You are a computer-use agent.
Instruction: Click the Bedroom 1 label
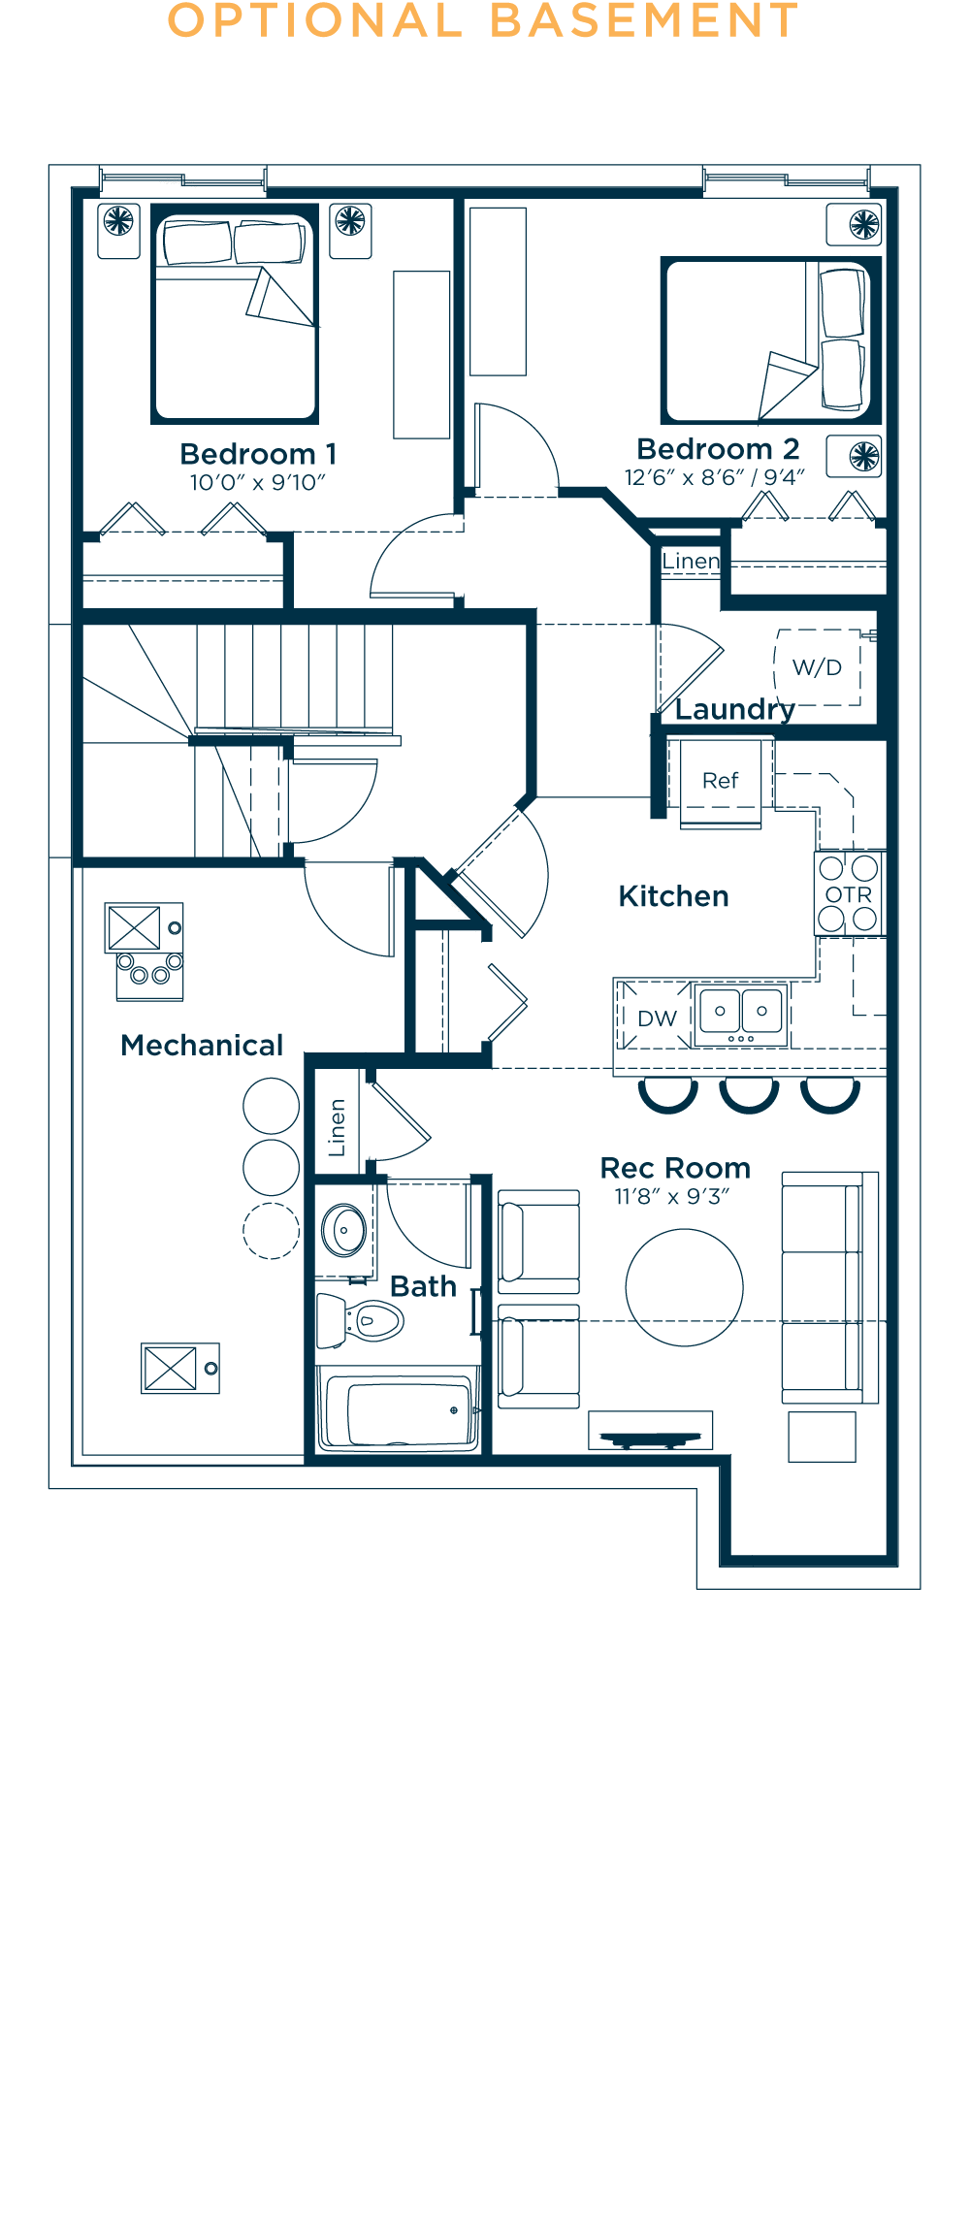258,454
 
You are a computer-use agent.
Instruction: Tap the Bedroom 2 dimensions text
714,477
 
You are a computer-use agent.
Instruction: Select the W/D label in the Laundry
817,667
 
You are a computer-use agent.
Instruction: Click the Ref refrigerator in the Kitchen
721,781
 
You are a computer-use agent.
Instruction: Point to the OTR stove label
849,894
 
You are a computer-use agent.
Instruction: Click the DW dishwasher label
657,1018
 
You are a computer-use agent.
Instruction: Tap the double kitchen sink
741,1014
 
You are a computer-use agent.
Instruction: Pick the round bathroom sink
343,1230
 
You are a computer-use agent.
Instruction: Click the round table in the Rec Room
684,1288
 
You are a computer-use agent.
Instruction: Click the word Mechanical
202,1045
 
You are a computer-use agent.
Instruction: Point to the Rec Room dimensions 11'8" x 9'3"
672,1197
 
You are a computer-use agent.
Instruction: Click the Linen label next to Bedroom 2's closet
691,561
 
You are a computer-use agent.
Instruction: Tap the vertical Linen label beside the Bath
337,1127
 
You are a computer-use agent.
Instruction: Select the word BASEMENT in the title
644,21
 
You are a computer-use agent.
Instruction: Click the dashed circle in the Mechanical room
271,1231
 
